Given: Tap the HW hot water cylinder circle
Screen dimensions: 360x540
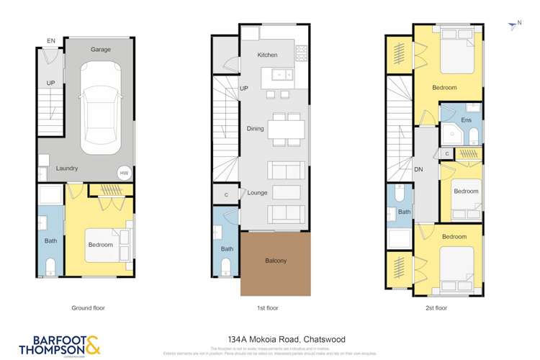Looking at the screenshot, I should coord(124,173).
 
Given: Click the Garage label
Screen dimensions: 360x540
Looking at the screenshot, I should coord(100,50).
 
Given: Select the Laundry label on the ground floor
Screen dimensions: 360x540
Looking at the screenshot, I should coord(67,168).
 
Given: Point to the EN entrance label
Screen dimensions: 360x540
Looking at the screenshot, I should coord(50,41).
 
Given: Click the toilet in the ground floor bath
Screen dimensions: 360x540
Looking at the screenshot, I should coord(50,267).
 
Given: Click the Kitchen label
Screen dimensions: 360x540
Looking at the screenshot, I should coord(267,55).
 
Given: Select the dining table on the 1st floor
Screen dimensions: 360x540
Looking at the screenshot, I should coord(286,129).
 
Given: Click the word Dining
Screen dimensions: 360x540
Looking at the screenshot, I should coord(255,129).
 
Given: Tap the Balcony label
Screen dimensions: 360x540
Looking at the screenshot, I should coord(276,261).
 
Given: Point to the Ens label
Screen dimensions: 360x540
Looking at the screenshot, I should coord(467,120).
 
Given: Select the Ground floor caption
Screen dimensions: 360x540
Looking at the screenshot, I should coord(88,307).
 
